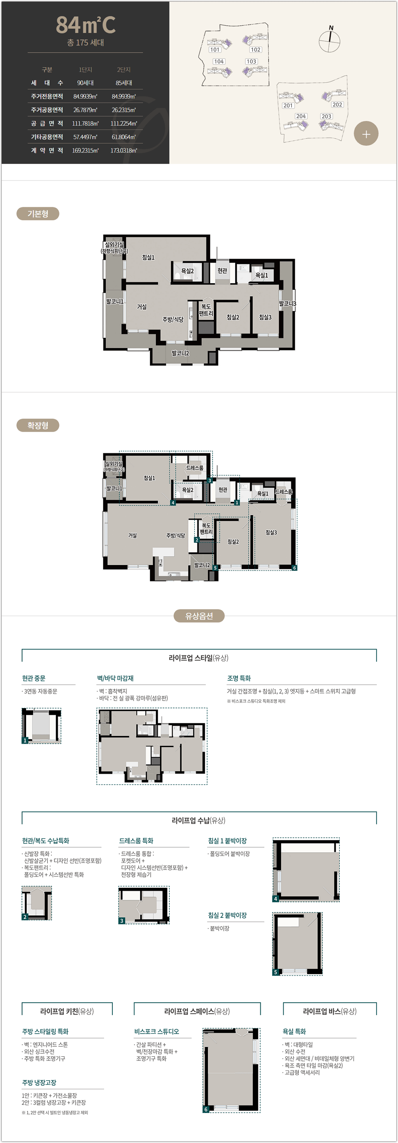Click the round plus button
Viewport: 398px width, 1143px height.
(x=366, y=133)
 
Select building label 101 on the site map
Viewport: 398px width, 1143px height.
(x=215, y=50)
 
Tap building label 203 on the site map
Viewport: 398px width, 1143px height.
(x=326, y=116)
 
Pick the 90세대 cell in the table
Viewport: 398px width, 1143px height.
(x=85, y=83)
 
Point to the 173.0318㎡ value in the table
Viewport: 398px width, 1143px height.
(x=124, y=151)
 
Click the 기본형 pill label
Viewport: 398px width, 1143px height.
(x=38, y=214)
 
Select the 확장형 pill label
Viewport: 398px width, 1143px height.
(x=38, y=425)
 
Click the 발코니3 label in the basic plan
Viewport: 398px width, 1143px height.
(x=287, y=303)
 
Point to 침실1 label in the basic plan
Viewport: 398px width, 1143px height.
(x=148, y=257)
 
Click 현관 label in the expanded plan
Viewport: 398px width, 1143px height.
(x=222, y=489)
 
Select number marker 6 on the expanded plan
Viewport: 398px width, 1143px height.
(x=294, y=567)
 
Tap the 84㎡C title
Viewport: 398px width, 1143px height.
(x=86, y=25)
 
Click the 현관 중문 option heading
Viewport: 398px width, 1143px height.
(x=34, y=678)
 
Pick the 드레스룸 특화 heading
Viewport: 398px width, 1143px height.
(x=136, y=840)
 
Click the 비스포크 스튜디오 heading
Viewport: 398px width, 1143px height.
(x=157, y=1031)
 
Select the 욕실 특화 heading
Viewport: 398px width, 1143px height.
(x=294, y=1031)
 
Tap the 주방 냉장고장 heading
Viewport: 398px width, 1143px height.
(x=39, y=1082)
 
